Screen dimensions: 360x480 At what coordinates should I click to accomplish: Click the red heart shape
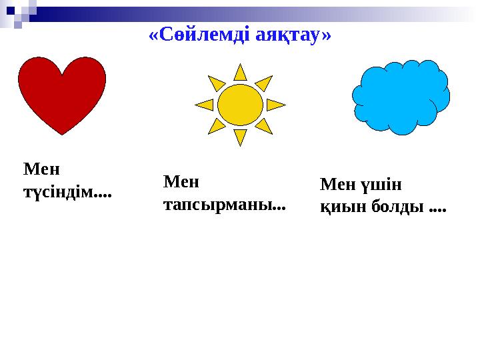pyautogui.click(x=62, y=92)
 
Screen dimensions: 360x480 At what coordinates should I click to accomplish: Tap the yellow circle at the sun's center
pyautogui.click(x=240, y=105)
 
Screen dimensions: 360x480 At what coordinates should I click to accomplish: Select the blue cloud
pyautogui.click(x=401, y=97)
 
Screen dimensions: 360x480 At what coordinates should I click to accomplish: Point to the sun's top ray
pyautogui.click(x=240, y=72)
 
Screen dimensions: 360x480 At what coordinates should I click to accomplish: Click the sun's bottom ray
pyautogui.click(x=240, y=137)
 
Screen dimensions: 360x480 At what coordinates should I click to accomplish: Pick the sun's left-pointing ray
pyautogui.click(x=205, y=105)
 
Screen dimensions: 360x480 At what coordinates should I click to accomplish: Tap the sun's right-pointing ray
pyautogui.click(x=275, y=105)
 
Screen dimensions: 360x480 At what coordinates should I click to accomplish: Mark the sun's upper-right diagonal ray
pyautogui.click(x=265, y=83)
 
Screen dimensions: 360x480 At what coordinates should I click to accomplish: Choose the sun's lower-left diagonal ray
pyautogui.click(x=216, y=125)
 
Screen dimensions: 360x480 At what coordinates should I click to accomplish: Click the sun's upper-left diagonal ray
pyautogui.click(x=216, y=83)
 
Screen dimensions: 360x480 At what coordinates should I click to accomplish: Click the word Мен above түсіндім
pyautogui.click(x=41, y=169)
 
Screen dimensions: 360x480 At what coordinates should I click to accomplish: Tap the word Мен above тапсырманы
pyautogui.click(x=181, y=181)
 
